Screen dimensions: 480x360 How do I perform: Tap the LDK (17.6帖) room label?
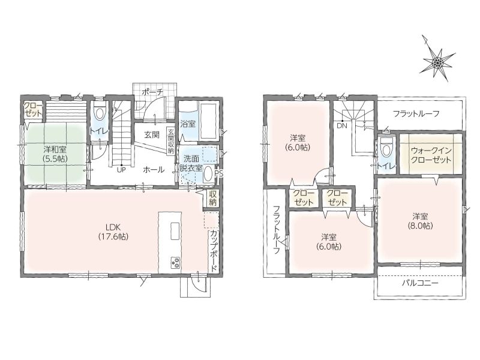pyautogui.click(x=113, y=232)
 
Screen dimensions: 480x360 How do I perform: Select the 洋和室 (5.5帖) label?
pyautogui.click(x=55, y=154)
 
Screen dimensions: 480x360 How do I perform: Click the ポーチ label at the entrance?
pyautogui.click(x=153, y=92)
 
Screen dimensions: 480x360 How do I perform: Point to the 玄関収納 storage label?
pyautogui.click(x=171, y=141)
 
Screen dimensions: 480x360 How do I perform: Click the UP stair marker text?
pyautogui.click(x=121, y=170)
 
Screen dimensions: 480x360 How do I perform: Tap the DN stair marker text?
pyautogui.click(x=342, y=125)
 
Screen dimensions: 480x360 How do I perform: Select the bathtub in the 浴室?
pyautogui.click(x=209, y=121)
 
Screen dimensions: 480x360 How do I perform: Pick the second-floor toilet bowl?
pyautogui.click(x=387, y=149)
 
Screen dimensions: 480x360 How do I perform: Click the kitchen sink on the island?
pyautogui.click(x=175, y=231)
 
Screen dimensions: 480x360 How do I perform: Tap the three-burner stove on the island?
pyautogui.click(x=175, y=262)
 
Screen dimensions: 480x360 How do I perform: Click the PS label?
pyautogui.click(x=219, y=173)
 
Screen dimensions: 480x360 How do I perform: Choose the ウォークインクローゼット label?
pyautogui.click(x=431, y=155)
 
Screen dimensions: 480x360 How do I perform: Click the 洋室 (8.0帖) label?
pyautogui.click(x=420, y=221)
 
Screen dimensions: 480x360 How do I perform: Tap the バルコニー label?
pyautogui.click(x=420, y=283)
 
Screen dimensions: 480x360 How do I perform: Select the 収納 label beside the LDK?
pyautogui.click(x=213, y=198)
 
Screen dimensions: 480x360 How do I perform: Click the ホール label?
pyautogui.click(x=154, y=170)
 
